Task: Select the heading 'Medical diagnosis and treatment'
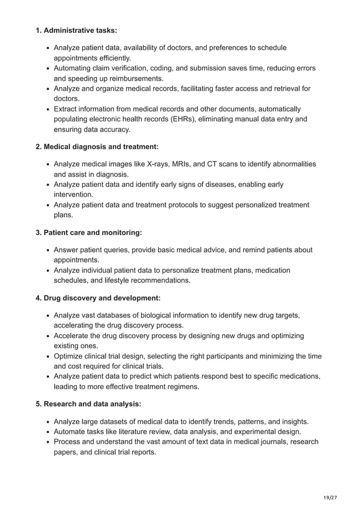(96, 147)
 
